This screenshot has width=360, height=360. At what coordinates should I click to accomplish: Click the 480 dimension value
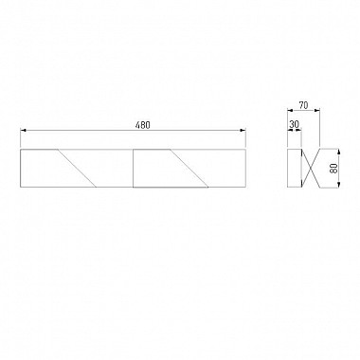pyautogui.click(x=142, y=125)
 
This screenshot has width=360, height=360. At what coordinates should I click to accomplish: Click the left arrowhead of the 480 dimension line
pyautogui.click(x=23, y=131)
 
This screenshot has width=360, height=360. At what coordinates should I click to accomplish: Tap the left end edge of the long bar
pyautogui.click(x=21, y=168)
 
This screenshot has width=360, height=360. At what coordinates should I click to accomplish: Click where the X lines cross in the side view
pyautogui.click(x=311, y=168)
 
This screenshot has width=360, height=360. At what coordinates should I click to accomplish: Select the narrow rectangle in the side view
pyautogui.click(x=294, y=168)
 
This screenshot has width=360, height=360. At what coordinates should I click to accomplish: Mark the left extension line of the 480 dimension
pyautogui.click(x=21, y=139)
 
